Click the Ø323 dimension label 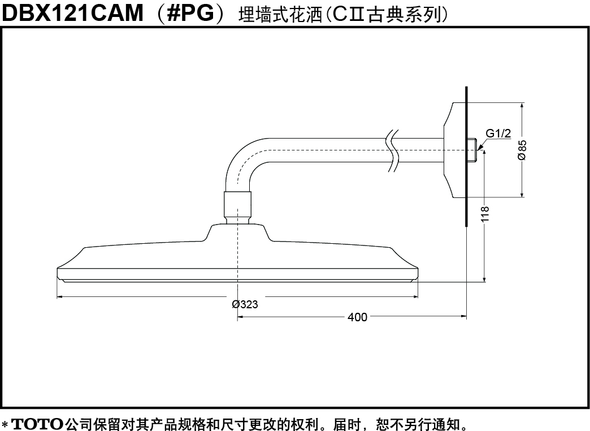click(245, 304)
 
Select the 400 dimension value click(357, 317)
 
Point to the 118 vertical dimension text click(485, 214)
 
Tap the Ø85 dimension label click(522, 150)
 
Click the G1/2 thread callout click(498, 133)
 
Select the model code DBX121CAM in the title click(73, 13)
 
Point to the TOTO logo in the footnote click(38, 424)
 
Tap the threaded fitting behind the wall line click(472, 150)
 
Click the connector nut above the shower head click(237, 208)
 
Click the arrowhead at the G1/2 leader click(479, 148)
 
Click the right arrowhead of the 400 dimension click(463, 317)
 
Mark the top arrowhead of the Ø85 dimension click(522, 106)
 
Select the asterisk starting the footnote click(5, 424)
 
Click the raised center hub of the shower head click(237, 232)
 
